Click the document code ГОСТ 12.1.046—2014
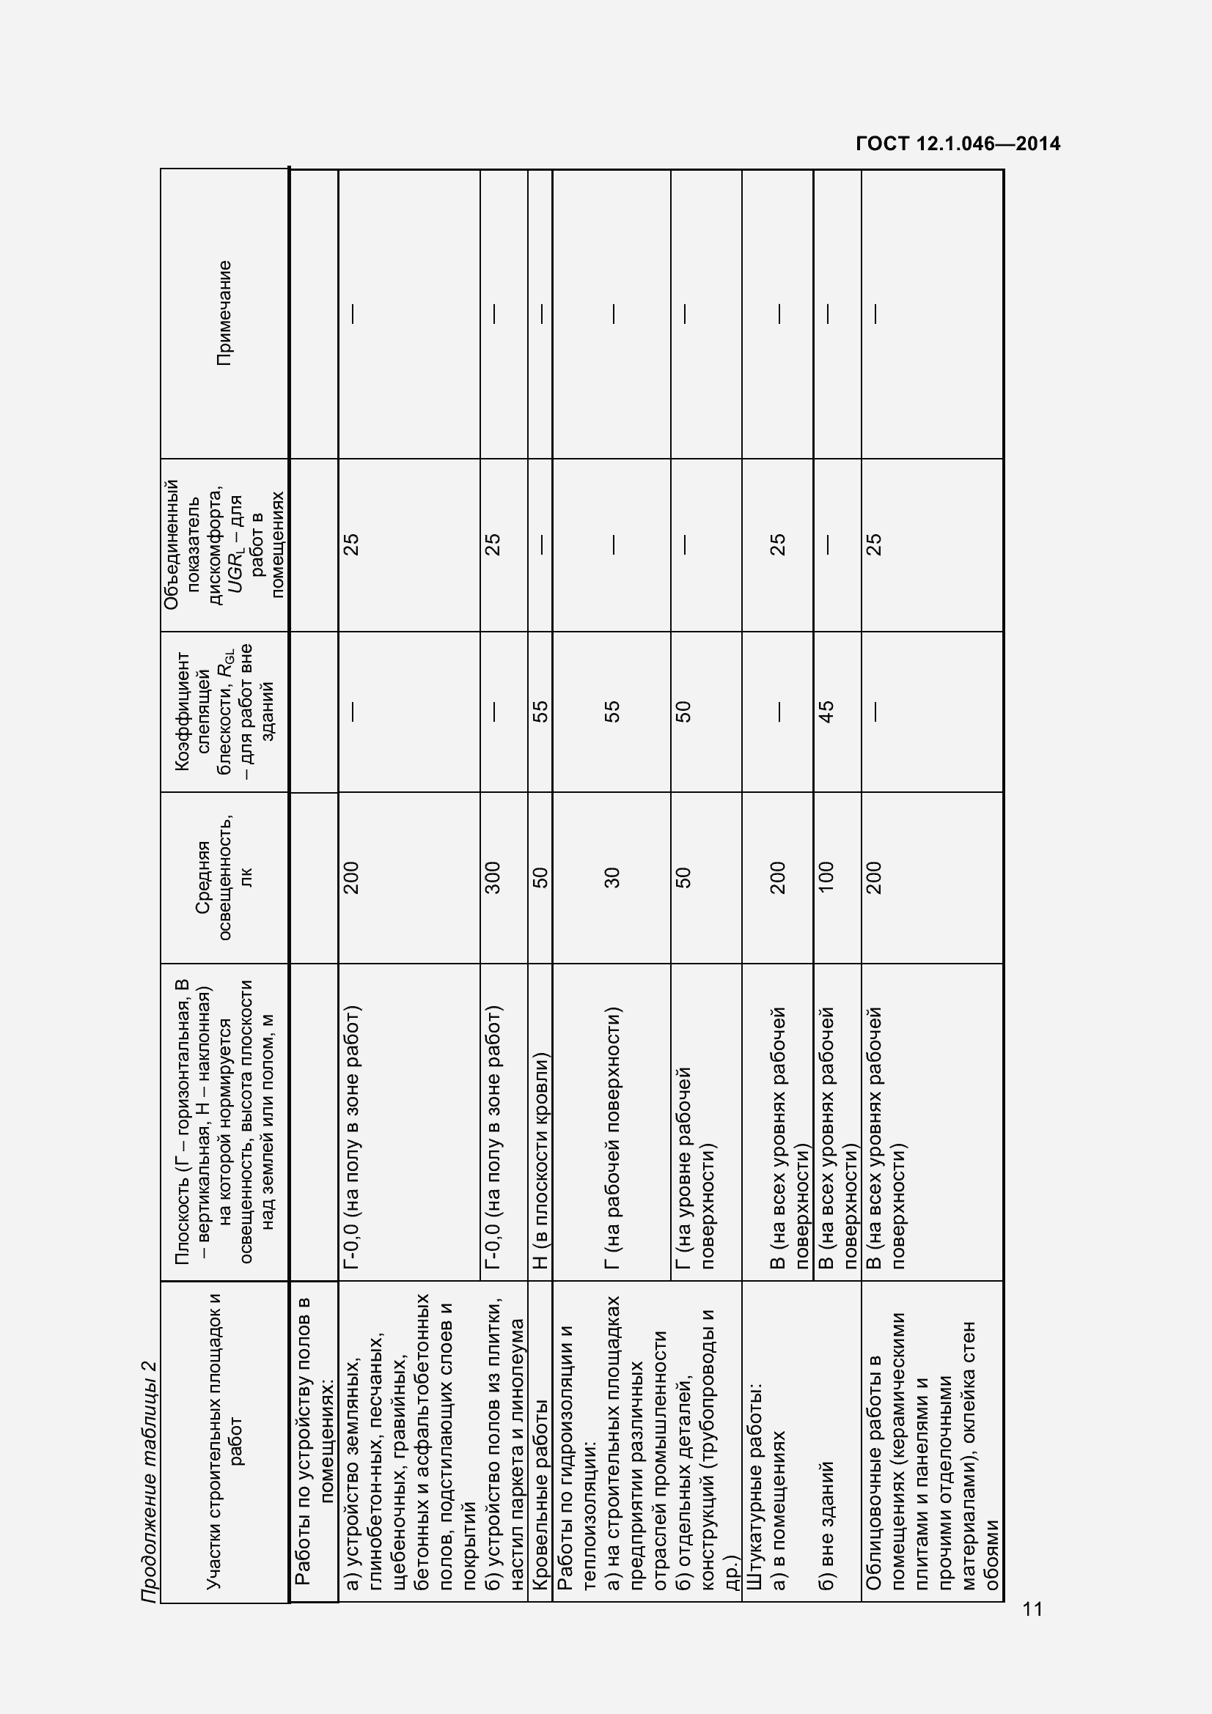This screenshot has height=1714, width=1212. [958, 144]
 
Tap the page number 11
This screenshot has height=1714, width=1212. [1033, 1608]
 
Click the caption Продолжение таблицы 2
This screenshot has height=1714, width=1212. [150, 1482]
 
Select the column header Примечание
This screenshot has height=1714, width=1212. [224, 313]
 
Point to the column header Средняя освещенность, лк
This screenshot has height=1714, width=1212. [224, 878]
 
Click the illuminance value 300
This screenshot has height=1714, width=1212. [493, 878]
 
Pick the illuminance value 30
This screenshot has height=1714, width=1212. [611, 878]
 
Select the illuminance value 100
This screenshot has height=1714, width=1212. [825, 878]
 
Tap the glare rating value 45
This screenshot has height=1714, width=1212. [825, 712]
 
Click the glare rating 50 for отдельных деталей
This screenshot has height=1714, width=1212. [683, 712]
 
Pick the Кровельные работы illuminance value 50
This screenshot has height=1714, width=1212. [540, 878]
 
